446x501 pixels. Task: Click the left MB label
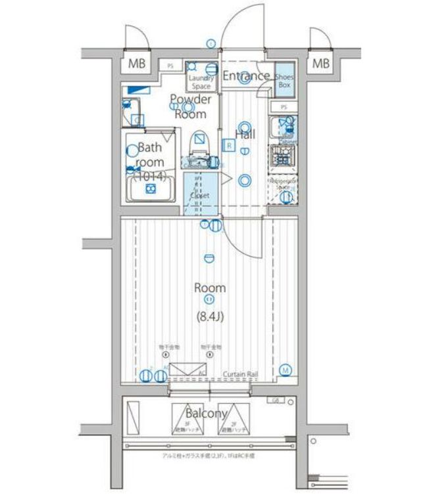click(137, 64)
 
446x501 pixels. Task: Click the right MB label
click(320, 64)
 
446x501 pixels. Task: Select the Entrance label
click(245, 76)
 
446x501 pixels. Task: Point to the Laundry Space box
click(201, 76)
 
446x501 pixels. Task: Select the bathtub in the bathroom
click(151, 190)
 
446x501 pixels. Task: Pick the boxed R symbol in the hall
click(228, 144)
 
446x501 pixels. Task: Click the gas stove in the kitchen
click(283, 156)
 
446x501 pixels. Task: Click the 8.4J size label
click(210, 316)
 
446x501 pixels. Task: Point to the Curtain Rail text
click(239, 374)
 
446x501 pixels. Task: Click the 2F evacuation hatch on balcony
click(234, 418)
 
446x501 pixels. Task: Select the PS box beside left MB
click(170, 66)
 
